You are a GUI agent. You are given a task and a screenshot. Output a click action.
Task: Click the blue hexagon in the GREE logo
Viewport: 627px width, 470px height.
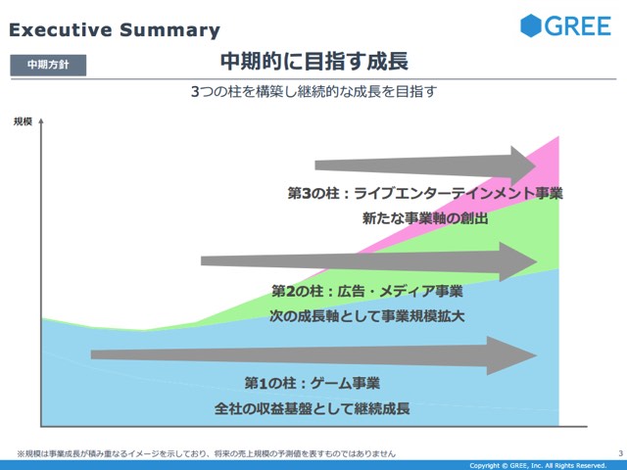[x=531, y=25]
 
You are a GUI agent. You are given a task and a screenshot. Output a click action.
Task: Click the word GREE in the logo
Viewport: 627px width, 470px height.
[x=578, y=26]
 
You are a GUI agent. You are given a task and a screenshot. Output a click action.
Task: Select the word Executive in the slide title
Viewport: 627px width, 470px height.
[x=61, y=30]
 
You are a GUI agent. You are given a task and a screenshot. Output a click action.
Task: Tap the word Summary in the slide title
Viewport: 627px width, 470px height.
[x=169, y=30]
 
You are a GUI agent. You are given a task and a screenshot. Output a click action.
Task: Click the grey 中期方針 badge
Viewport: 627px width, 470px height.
[x=48, y=65]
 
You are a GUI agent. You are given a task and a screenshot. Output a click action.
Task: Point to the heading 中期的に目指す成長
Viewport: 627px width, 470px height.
[x=314, y=62]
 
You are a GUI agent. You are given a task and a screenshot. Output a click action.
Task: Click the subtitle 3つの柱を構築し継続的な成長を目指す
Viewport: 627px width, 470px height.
[x=313, y=91]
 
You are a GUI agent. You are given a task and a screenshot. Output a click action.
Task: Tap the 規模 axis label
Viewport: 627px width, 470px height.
[x=23, y=121]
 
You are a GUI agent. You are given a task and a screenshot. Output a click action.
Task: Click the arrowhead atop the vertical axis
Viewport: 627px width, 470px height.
[x=41, y=121]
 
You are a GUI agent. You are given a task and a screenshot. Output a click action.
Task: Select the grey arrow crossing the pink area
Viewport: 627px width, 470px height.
[x=425, y=165]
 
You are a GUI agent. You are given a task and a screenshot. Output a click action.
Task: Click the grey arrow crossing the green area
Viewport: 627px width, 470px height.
[x=368, y=261]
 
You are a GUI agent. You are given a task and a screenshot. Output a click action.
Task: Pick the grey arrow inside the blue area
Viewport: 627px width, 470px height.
[x=313, y=355]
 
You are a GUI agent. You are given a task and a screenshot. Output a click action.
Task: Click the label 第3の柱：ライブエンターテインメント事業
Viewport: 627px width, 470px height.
[x=425, y=194]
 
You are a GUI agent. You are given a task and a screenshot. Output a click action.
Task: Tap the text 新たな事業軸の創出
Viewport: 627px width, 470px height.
[x=425, y=218]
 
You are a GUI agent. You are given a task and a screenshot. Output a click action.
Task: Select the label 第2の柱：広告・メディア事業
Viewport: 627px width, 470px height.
[x=367, y=291]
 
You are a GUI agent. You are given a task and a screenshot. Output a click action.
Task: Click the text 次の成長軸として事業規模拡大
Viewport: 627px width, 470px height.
[x=367, y=316]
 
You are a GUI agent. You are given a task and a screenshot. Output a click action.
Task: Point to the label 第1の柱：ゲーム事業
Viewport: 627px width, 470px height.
[x=313, y=383]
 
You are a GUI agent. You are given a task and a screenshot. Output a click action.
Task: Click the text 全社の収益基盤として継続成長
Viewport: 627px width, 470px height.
[x=313, y=408]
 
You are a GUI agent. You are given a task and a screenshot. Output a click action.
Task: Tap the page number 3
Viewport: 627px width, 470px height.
[x=620, y=453]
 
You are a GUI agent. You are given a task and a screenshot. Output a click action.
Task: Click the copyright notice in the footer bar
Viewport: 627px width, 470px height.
[x=538, y=466]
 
